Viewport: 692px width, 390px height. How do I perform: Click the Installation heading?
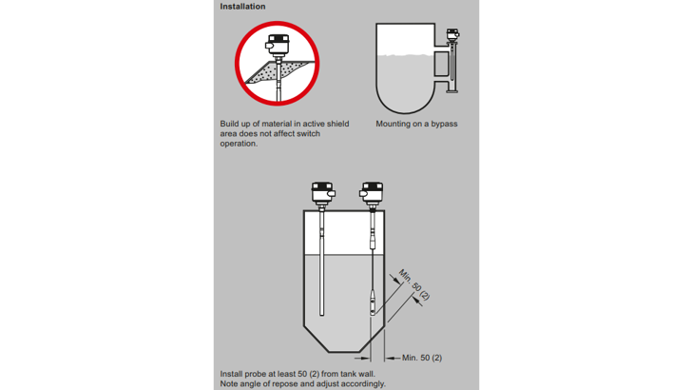tap(242, 7)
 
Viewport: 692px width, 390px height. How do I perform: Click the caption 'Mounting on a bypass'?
tap(416, 124)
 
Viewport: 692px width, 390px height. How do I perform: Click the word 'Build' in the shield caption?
tap(229, 124)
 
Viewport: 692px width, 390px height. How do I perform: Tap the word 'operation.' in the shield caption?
tap(239, 144)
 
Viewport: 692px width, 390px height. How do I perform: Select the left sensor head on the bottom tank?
tap(323, 192)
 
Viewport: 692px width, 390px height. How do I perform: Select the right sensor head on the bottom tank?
tap(371, 192)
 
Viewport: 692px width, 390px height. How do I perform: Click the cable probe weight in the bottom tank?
tap(373, 302)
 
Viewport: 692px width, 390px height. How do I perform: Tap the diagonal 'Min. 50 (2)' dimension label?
tap(414, 284)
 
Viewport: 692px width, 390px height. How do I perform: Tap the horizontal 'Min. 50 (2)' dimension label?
tap(422, 358)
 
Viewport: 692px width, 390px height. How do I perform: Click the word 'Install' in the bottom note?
tap(232, 374)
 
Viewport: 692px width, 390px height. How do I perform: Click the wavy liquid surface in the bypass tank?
tap(405, 55)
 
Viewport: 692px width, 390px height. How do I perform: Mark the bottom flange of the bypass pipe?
tap(452, 91)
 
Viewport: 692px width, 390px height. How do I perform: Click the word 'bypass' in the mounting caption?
tap(444, 124)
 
